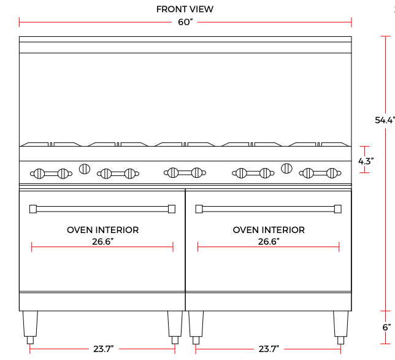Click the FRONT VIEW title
pyautogui.click(x=185, y=9)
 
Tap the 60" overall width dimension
pyautogui.click(x=185, y=23)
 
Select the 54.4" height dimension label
pyautogui.click(x=384, y=120)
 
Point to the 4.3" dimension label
pyautogui.click(x=366, y=161)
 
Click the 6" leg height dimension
pyautogui.click(x=386, y=327)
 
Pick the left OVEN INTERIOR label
pyautogui.click(x=102, y=230)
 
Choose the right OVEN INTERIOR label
pyautogui.click(x=269, y=230)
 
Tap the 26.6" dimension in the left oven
pyautogui.click(x=102, y=242)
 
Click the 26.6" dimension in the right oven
pyautogui.click(x=269, y=242)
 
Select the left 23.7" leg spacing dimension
pyautogui.click(x=102, y=349)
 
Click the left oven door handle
pyautogui.click(x=102, y=209)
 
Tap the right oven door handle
pyautogui.click(x=268, y=209)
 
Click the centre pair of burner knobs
pyautogui.click(x=185, y=173)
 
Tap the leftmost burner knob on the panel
pyautogui.click(x=38, y=174)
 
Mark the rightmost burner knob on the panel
pyautogui.click(x=332, y=173)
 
